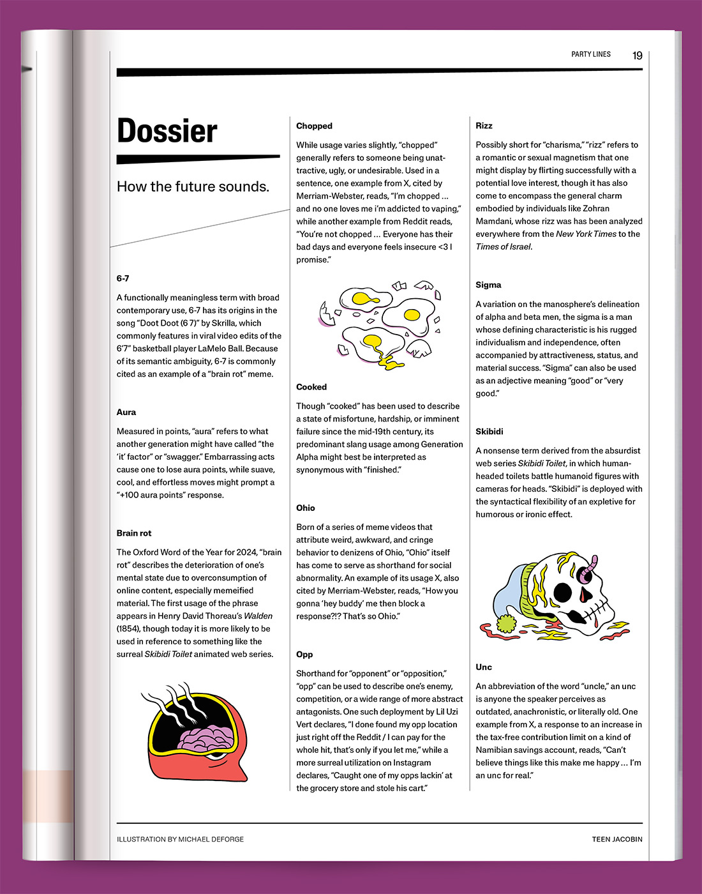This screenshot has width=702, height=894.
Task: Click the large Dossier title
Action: click(x=167, y=131)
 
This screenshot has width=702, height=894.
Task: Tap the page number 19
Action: click(x=637, y=56)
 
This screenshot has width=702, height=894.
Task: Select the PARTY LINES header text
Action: click(x=591, y=54)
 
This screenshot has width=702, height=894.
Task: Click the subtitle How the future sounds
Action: click(x=193, y=186)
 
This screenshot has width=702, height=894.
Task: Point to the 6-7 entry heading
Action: click(x=123, y=278)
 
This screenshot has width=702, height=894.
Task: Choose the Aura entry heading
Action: click(x=126, y=412)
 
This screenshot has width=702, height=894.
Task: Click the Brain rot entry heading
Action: click(x=134, y=533)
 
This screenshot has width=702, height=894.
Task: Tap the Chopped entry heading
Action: click(x=314, y=126)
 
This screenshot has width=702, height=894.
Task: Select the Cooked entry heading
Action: click(x=311, y=387)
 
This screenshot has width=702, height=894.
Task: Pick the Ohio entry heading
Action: click(x=306, y=508)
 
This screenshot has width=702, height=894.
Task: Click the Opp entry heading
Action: click(x=304, y=655)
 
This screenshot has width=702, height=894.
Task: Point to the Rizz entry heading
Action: click(x=484, y=126)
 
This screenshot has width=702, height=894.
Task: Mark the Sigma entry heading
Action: click(x=488, y=285)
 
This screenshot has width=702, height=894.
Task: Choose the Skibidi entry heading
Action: click(x=489, y=432)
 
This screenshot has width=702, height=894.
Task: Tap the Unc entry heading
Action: click(x=484, y=667)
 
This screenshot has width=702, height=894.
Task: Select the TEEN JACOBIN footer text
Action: click(x=616, y=839)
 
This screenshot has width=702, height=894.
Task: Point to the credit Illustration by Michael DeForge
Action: click(x=180, y=839)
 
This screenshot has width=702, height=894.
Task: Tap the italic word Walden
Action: click(x=258, y=616)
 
